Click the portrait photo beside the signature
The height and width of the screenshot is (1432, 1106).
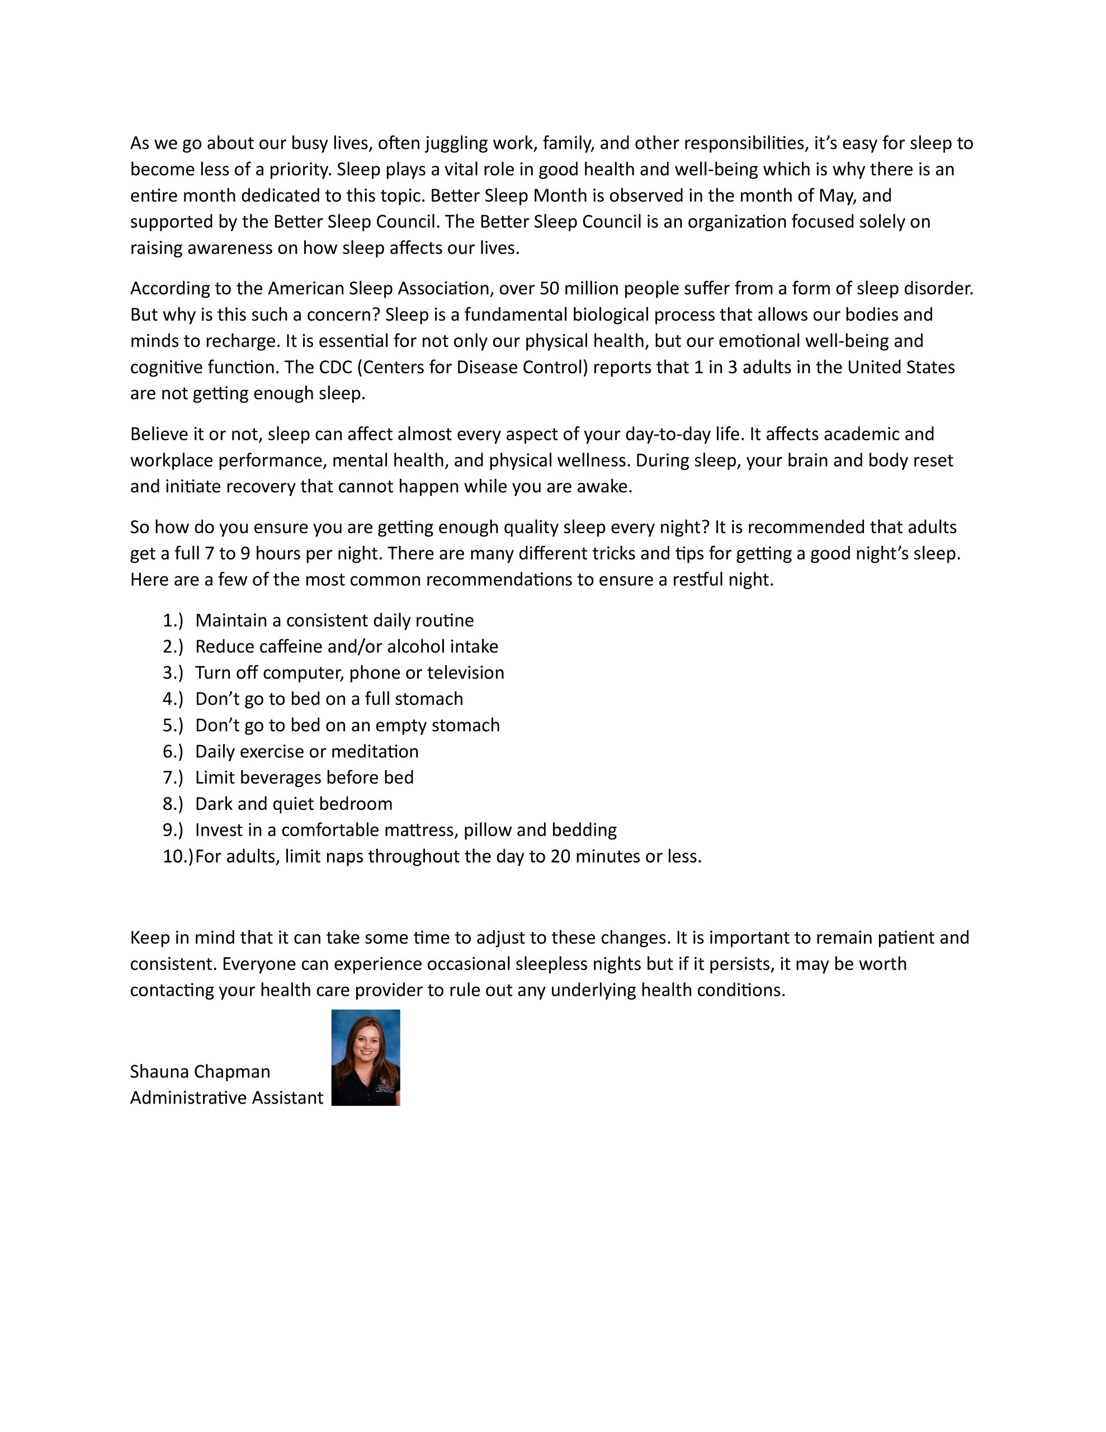365,1057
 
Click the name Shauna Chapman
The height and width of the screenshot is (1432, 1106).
200,1071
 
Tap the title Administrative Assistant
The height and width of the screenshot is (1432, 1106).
226,1097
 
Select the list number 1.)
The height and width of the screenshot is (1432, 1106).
173,620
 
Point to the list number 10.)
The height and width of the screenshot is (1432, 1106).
178,856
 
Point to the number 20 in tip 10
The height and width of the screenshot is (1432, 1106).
560,856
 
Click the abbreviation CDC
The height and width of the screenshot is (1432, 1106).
335,367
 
